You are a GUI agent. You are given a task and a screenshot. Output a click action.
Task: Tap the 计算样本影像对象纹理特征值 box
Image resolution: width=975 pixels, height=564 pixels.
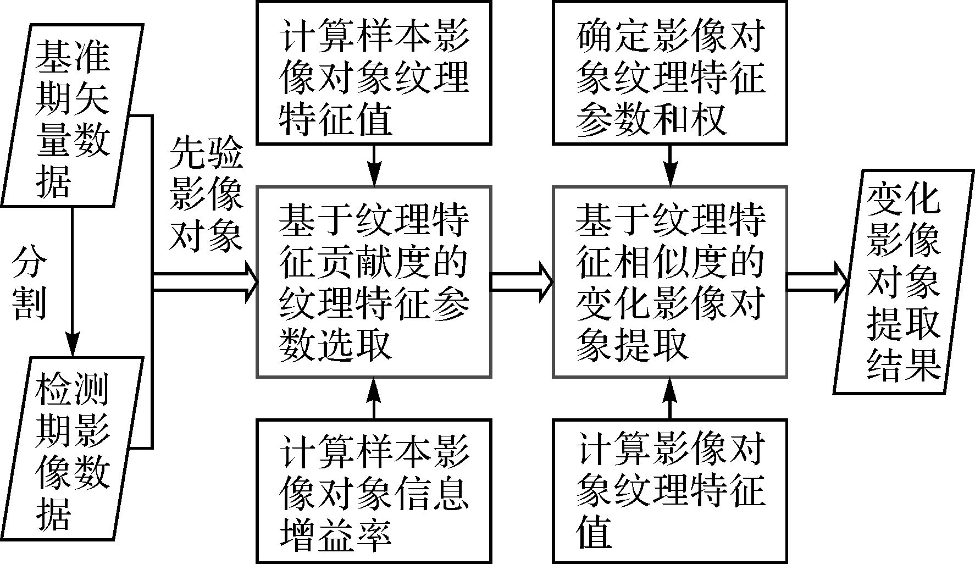(x=374, y=73)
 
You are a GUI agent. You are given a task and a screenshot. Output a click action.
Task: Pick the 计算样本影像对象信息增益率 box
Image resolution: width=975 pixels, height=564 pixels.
(x=374, y=491)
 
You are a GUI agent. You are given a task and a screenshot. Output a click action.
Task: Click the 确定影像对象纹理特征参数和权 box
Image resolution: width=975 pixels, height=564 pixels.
(x=669, y=73)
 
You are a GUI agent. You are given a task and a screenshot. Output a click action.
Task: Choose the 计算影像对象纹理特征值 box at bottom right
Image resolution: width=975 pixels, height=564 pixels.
(x=669, y=491)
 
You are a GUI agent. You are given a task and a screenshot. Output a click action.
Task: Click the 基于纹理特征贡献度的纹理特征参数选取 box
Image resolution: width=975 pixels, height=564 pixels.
(x=374, y=282)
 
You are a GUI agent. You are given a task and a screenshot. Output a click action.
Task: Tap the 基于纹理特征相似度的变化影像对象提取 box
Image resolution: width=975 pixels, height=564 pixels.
(x=669, y=282)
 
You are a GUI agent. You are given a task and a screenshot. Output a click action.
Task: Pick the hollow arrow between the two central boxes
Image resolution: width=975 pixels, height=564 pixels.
(x=521, y=281)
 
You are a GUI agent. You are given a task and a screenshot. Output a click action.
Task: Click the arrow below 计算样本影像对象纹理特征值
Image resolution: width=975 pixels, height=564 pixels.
(x=374, y=165)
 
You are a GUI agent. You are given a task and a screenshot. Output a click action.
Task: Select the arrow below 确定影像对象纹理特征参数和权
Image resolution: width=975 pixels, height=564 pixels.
(x=669, y=165)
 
